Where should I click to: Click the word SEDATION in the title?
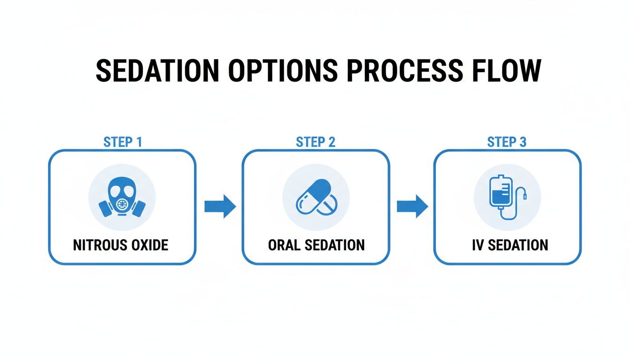157,71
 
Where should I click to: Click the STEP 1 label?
122,142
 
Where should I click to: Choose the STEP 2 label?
315,142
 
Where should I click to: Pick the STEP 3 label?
507,142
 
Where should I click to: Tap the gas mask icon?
122,197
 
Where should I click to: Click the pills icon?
315,197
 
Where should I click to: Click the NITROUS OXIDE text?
120,245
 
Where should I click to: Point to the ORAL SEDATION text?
316,245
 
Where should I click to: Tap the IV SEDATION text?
510,245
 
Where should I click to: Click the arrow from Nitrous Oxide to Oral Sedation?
220,206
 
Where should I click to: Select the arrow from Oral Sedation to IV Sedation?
412,206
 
